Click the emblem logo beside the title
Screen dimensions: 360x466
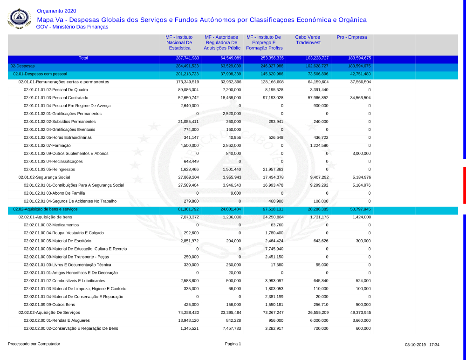click(x=19, y=19)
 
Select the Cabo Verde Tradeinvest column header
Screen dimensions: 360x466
click(x=308, y=40)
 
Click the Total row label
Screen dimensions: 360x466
click(x=83, y=58)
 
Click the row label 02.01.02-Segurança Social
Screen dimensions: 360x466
click(x=44, y=177)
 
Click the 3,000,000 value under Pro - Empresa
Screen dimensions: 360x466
click(x=361, y=154)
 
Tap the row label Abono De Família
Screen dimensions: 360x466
click(x=55, y=193)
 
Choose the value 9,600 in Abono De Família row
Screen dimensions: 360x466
click(x=235, y=193)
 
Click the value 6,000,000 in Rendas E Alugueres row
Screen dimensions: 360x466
click(x=319, y=321)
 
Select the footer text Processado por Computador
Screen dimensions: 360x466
click(x=34, y=344)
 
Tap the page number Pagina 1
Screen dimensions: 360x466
click(x=233, y=344)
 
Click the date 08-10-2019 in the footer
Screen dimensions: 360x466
click(x=415, y=345)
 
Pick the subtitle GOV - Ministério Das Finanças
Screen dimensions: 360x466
click(x=72, y=27)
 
